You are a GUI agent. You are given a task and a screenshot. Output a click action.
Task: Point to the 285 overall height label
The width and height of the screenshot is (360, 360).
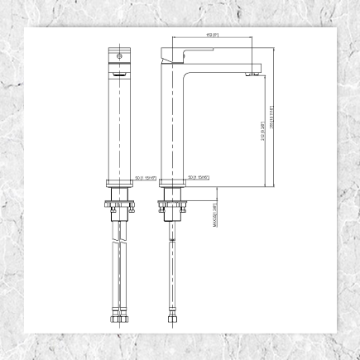(x=271, y=128)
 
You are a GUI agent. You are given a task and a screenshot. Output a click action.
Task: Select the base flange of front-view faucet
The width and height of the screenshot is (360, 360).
(x=120, y=184)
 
